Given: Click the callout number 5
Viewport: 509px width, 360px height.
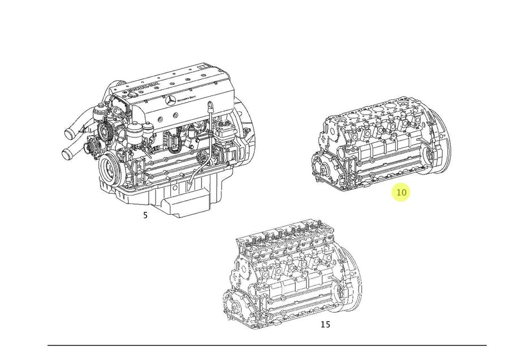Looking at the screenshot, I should (145, 215).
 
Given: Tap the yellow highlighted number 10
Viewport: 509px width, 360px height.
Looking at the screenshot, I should (401, 192).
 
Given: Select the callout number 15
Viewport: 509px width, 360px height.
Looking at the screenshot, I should (325, 324).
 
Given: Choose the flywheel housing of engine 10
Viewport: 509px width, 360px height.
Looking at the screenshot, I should (438, 144).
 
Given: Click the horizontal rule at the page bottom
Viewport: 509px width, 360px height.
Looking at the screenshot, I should (266, 345).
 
